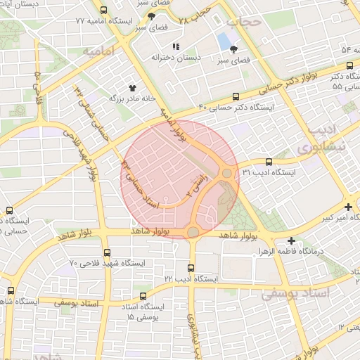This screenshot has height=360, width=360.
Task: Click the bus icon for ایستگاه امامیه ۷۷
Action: click(x=104, y=11)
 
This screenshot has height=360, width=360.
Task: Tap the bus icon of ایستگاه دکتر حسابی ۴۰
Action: click(x=236, y=97)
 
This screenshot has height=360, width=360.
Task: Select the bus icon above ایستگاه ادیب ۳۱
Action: click(x=269, y=162)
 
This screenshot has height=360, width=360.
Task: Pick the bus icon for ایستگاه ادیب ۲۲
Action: click(x=191, y=268)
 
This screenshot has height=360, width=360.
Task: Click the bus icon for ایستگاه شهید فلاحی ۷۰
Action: click(x=107, y=252)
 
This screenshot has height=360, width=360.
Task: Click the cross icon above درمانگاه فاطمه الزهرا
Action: click(x=291, y=241)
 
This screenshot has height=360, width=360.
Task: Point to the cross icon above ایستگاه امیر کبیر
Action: click(x=349, y=207)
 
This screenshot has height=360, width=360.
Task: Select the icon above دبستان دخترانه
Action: click(x=176, y=46)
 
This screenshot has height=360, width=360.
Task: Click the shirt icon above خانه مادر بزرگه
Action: click(x=131, y=87)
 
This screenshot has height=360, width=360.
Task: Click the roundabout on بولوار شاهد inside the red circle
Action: click(x=193, y=231)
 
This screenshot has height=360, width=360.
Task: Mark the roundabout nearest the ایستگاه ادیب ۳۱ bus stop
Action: click(x=227, y=173)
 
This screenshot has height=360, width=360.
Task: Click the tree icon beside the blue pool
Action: click(x=233, y=49)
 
